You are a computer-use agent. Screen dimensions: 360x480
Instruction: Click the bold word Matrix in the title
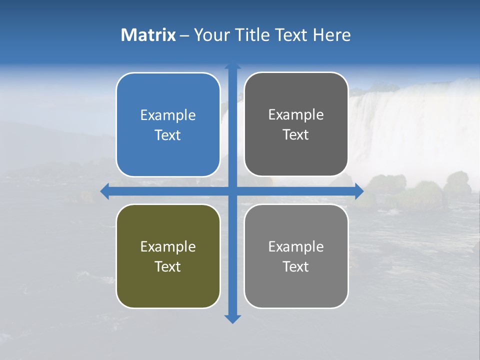coord(148,35)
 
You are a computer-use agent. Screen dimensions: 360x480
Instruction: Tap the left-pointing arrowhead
coord(104,191)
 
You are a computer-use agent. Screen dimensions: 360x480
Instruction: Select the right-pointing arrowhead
coord(359,191)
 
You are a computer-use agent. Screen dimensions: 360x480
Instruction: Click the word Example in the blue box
coord(168,115)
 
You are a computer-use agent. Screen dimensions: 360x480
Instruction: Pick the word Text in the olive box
coord(168,266)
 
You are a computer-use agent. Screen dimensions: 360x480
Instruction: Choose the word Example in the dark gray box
coord(296,115)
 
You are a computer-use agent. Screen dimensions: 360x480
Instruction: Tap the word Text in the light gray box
coord(296,266)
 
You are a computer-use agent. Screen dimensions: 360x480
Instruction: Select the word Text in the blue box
coord(168,135)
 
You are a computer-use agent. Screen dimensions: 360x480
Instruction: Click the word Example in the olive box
coord(168,247)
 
